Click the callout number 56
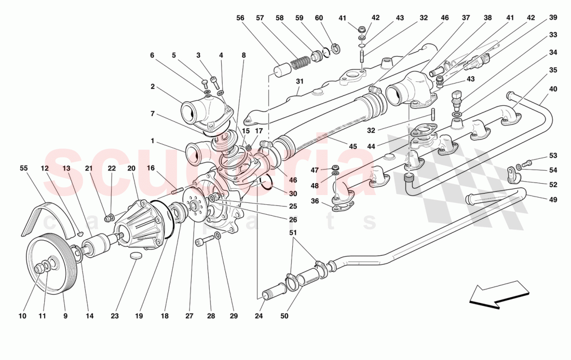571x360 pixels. coord(240,18)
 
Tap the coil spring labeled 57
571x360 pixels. coord(300,63)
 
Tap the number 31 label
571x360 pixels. coord(300,81)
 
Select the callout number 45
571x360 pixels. coord(352,146)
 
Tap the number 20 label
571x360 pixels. coord(131,168)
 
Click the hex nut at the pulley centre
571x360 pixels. coord(39,268)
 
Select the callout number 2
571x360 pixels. coord(153,87)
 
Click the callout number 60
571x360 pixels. coord(319,18)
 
